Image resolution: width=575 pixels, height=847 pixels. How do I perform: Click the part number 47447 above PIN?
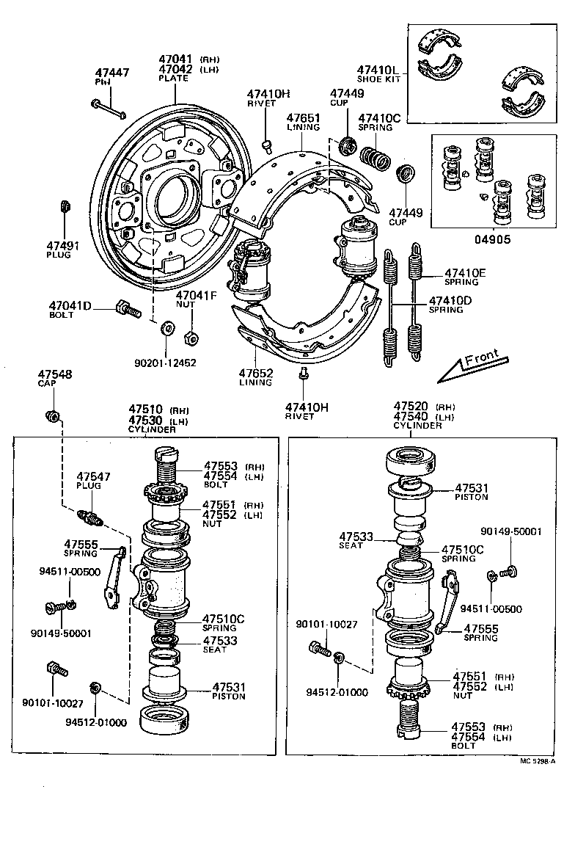[112, 73]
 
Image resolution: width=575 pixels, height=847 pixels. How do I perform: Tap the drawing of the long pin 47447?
[109, 109]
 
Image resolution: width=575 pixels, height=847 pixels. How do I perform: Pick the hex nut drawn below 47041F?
[188, 338]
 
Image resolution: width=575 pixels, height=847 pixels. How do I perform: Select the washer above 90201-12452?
[167, 326]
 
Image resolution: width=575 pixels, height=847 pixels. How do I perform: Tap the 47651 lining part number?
[303, 117]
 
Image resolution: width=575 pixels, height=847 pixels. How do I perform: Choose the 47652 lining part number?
[255, 373]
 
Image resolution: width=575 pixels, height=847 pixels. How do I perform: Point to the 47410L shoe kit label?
[378, 69]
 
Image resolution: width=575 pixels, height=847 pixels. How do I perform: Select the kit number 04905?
[493, 239]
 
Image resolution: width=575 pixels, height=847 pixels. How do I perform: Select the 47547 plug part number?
[93, 476]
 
